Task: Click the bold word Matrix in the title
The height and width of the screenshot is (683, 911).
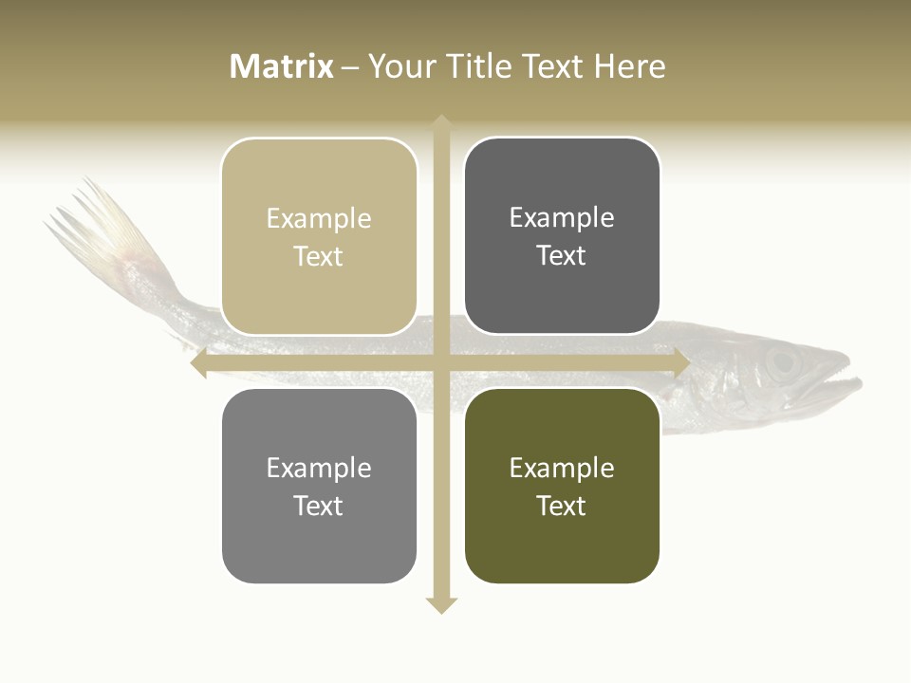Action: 282,66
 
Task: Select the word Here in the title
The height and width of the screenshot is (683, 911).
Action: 630,66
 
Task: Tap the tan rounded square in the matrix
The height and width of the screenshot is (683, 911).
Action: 319,236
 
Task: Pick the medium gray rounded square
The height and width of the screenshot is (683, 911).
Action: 319,486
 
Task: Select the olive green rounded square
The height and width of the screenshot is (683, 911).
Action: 562,486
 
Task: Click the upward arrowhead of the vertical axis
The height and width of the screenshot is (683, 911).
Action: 441,122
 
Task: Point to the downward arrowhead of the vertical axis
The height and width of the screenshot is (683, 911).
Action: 441,604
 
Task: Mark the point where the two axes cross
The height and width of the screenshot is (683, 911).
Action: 441,363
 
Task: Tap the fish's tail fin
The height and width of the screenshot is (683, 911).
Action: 100,223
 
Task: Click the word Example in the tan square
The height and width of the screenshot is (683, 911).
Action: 319,218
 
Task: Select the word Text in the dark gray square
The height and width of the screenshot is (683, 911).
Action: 562,255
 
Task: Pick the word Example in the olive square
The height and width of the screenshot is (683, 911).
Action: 562,468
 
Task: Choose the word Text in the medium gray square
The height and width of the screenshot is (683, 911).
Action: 319,506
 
